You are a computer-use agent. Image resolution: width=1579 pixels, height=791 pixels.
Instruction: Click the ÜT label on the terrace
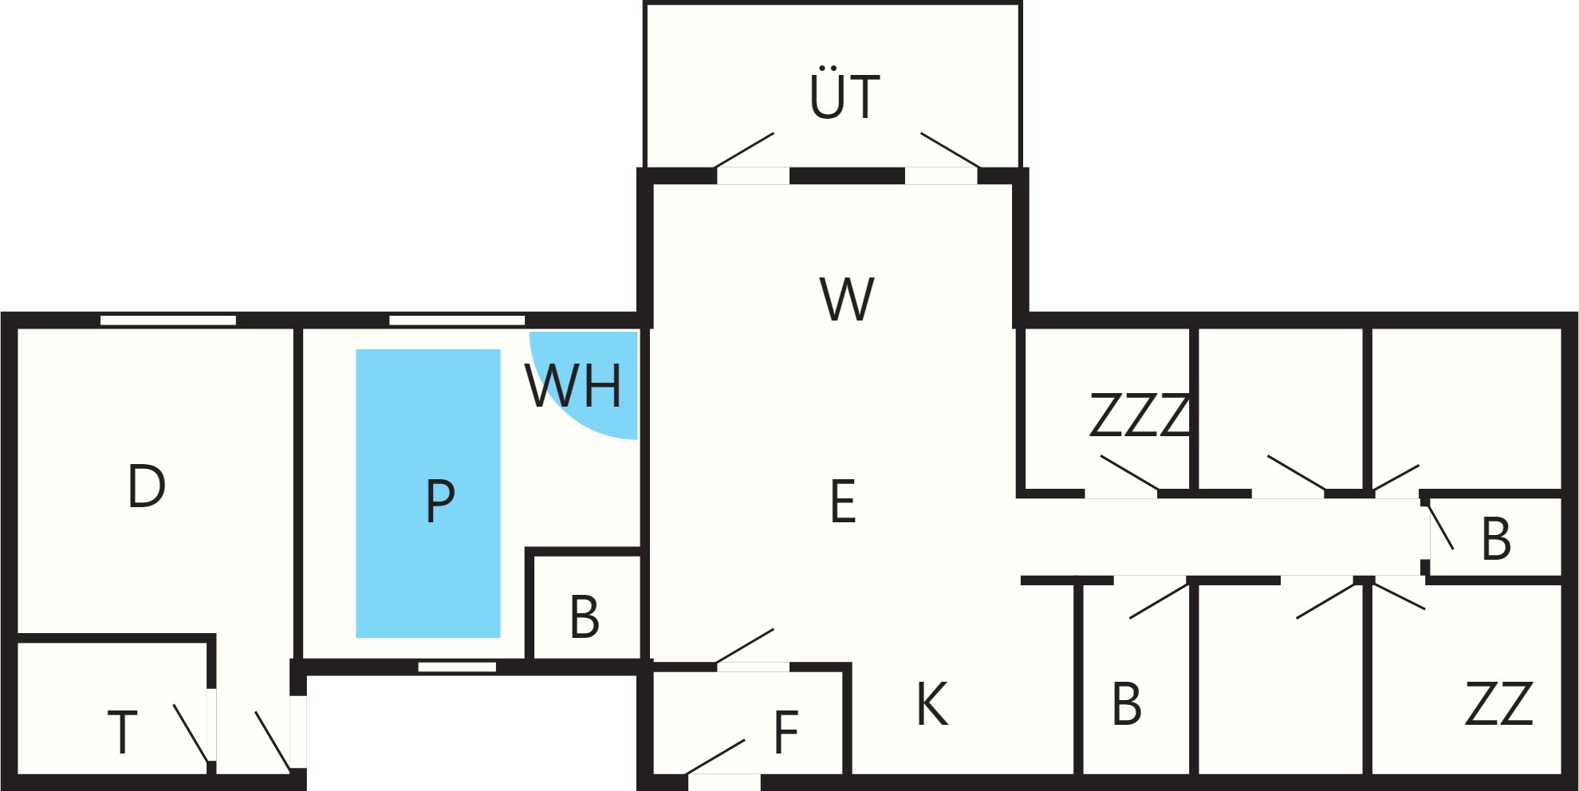(845, 92)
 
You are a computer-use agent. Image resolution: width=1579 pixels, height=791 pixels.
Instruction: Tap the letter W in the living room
(847, 300)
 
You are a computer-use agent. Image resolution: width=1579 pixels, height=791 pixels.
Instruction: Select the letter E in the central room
(843, 502)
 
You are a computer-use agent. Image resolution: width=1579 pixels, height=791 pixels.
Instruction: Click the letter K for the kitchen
(932, 704)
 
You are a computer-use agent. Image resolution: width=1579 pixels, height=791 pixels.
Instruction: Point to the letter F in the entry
(786, 732)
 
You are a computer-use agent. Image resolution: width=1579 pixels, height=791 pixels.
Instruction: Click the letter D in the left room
(147, 486)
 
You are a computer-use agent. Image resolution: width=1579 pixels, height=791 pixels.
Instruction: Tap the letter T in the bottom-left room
(122, 733)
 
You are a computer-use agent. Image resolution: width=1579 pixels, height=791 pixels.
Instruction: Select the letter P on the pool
(440, 501)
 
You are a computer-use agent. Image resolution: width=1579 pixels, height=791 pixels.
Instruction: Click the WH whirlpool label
(573, 386)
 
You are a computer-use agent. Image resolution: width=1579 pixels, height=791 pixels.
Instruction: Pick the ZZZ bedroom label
(1140, 415)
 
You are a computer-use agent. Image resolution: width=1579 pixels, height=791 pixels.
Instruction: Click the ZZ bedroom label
(1499, 703)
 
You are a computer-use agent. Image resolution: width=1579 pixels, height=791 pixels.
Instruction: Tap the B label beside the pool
(585, 617)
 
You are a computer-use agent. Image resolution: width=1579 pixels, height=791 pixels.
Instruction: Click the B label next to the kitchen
(1126, 704)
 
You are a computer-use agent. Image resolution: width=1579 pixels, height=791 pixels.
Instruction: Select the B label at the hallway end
(1495, 539)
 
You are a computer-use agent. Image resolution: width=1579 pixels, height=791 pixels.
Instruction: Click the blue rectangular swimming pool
(428, 494)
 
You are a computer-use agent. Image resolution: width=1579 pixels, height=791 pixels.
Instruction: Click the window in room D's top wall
(168, 321)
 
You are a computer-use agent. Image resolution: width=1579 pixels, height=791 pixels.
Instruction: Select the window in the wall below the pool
(457, 667)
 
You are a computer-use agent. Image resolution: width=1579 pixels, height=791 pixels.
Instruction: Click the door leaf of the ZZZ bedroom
(1129, 473)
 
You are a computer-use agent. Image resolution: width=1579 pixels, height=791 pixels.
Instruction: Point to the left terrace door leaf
(745, 150)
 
